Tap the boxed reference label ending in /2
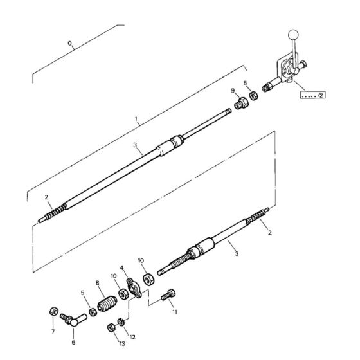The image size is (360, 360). (x=313, y=95)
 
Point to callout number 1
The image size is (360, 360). (x=136, y=119)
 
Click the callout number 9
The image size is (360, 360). (x=233, y=91)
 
